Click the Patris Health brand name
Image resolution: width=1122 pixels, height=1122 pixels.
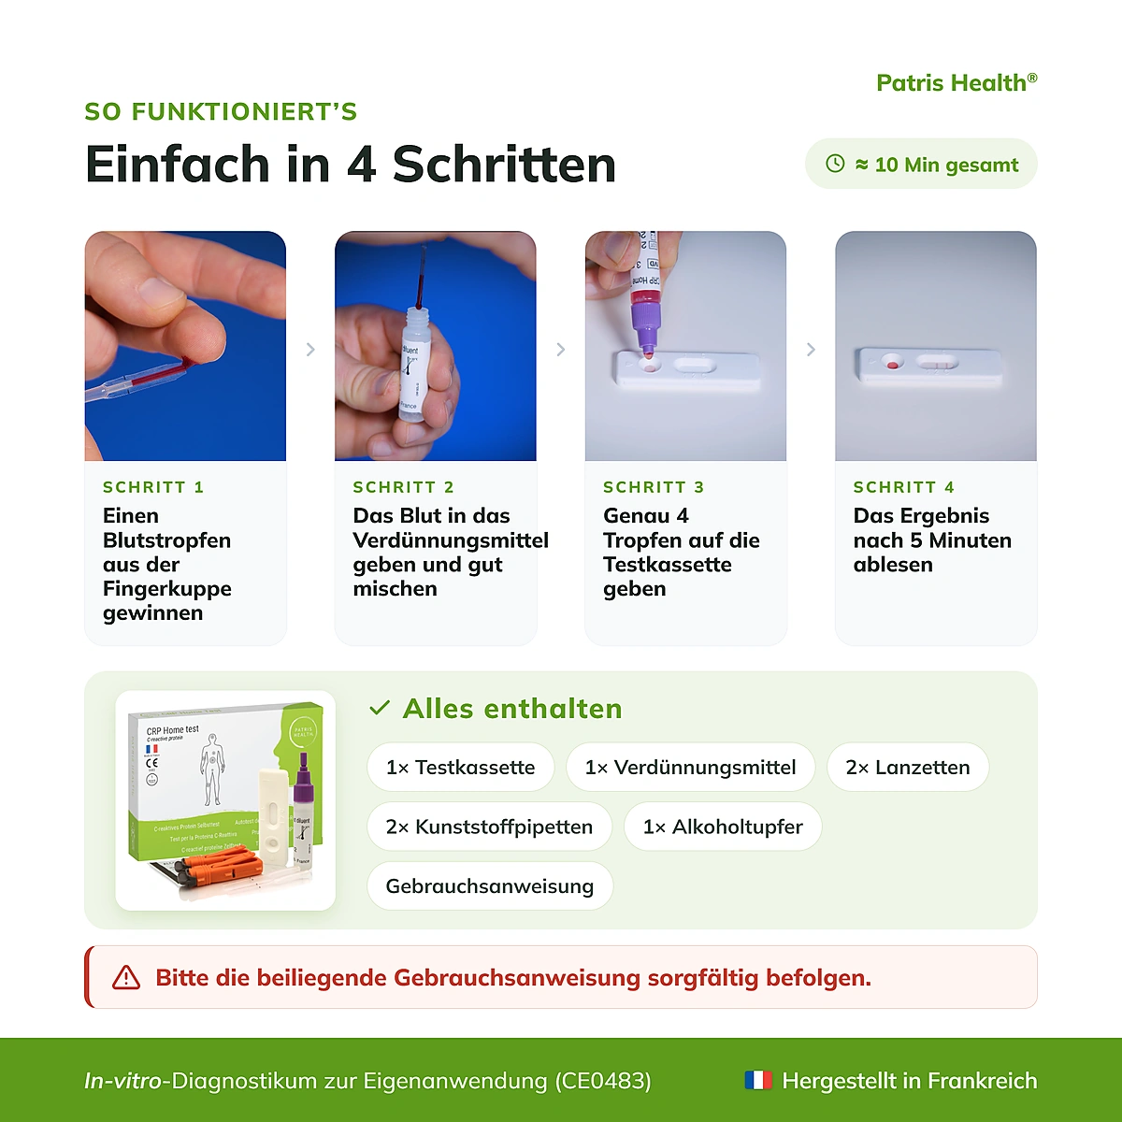pos(957,82)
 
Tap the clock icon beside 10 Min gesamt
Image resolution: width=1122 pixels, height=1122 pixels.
pos(835,164)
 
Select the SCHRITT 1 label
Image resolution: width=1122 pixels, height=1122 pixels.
pos(153,487)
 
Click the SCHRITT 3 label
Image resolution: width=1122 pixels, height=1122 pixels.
pos(654,487)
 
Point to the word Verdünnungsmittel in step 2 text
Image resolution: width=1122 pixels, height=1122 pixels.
pos(451,540)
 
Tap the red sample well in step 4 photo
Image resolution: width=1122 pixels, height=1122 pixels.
pos(892,365)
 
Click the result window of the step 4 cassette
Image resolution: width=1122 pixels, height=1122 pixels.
pos(937,364)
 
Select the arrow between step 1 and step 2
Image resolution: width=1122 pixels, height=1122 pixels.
pos(310,350)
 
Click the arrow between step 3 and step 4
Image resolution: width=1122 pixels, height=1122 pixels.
pos(811,350)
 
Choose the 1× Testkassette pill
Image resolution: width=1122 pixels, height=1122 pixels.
pos(461,767)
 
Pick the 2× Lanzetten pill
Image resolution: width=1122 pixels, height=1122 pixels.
pos(908,767)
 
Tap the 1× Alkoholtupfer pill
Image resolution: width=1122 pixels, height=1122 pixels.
pos(723,827)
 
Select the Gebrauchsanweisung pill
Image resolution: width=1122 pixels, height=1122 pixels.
pos(490,885)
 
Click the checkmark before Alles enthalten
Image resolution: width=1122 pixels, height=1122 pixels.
pos(380,708)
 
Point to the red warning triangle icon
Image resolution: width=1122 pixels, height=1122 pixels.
pos(126,978)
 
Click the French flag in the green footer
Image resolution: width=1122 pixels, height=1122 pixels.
pos(758,1080)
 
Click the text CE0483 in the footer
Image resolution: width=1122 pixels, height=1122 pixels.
pos(603,1081)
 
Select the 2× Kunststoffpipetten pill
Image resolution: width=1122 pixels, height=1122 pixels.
pos(489,827)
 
